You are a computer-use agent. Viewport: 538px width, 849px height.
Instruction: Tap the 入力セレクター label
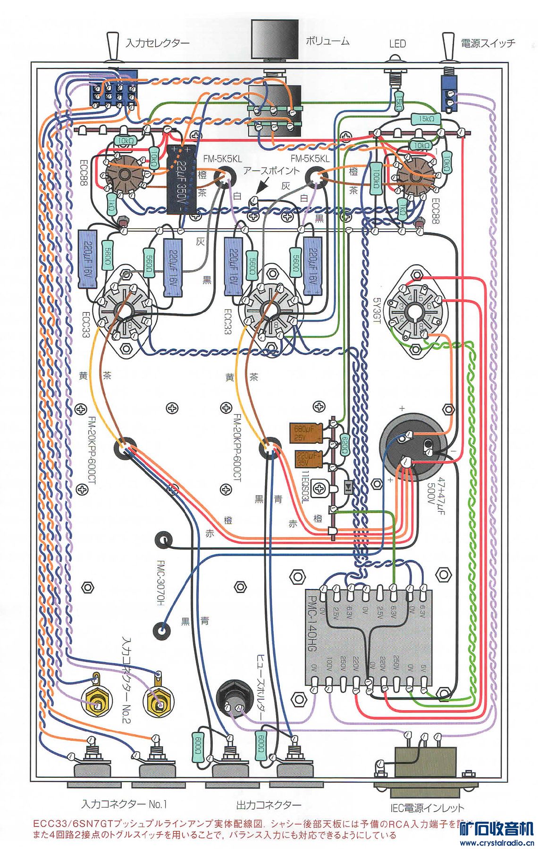(158, 43)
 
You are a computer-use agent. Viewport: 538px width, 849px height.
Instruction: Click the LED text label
(397, 44)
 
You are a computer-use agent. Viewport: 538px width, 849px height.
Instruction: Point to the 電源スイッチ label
(488, 43)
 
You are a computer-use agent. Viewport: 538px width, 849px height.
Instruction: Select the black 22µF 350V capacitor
(181, 179)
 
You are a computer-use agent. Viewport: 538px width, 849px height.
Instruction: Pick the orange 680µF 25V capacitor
(306, 433)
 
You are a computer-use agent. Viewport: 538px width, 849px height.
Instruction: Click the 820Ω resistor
(345, 445)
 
